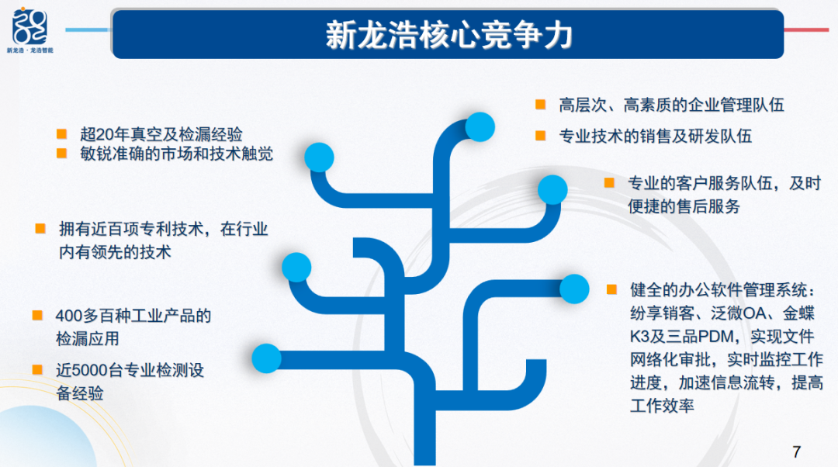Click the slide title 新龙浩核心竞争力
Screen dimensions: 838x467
pyautogui.click(x=449, y=35)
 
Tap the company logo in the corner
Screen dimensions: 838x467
pyautogui.click(x=30, y=30)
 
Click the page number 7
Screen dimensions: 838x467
pyautogui.click(x=797, y=452)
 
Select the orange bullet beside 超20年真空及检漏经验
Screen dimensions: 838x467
pyautogui.click(x=61, y=133)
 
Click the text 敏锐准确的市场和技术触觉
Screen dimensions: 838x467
pyautogui.click(x=176, y=154)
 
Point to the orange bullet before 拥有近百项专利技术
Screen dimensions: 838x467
pyautogui.click(x=40, y=229)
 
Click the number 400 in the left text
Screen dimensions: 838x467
pyautogui.click(x=69, y=316)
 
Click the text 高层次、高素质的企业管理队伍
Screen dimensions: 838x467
pyautogui.click(x=671, y=105)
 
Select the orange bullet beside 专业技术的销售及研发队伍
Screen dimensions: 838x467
pyautogui.click(x=540, y=136)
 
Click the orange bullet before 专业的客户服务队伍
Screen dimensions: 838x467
pyautogui.click(x=609, y=183)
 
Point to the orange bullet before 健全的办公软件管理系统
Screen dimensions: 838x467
pyautogui.click(x=612, y=289)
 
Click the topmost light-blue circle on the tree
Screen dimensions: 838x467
pyautogui.click(x=480, y=127)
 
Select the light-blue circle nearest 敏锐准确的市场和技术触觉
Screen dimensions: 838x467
pyautogui.click(x=319, y=157)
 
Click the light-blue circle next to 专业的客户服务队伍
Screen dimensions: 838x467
pyautogui.click(x=552, y=189)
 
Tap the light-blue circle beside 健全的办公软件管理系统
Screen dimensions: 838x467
pyautogui.click(x=574, y=289)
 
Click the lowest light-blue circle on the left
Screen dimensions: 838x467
pyautogui.click(x=267, y=358)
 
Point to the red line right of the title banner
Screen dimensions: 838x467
pyautogui.click(x=806, y=30)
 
